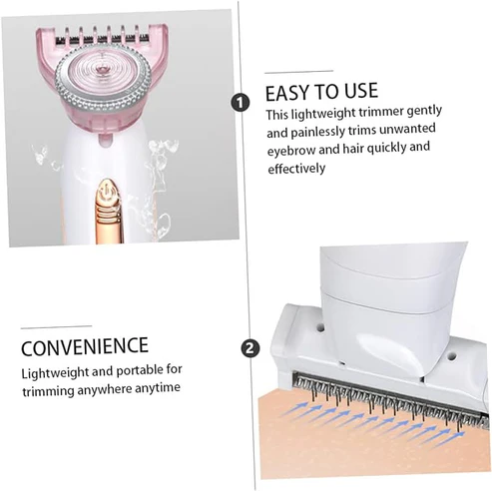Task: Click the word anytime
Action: click(x=159, y=389)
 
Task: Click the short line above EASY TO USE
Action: click(x=298, y=71)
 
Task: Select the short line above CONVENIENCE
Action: click(x=56, y=325)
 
